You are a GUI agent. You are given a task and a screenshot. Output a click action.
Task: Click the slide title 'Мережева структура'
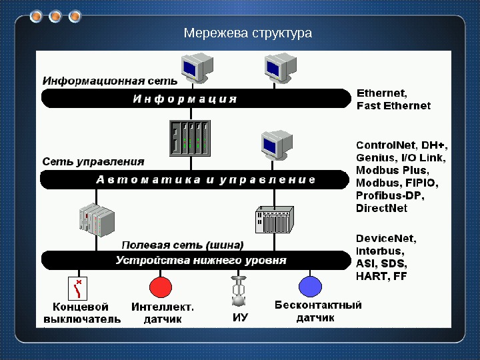(247, 33)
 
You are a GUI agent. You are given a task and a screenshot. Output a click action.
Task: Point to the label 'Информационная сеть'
(110, 81)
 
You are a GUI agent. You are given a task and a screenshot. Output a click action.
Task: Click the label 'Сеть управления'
(93, 161)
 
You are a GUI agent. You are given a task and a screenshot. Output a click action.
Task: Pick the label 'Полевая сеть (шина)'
(182, 244)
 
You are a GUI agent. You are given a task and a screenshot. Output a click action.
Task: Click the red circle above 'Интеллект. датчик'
(161, 287)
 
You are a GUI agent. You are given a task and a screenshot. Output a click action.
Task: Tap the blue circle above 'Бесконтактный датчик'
(310, 287)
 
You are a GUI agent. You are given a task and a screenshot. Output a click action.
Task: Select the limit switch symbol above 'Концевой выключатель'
(78, 289)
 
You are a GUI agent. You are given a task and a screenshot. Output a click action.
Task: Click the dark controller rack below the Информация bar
(190, 139)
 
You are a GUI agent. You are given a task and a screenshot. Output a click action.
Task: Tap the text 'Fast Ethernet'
(393, 105)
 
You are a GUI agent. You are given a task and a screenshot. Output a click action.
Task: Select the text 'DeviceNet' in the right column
(386, 238)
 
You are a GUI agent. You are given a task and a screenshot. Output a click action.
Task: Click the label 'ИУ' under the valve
(240, 318)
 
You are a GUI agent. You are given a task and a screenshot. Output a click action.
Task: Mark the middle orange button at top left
(55, 15)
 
